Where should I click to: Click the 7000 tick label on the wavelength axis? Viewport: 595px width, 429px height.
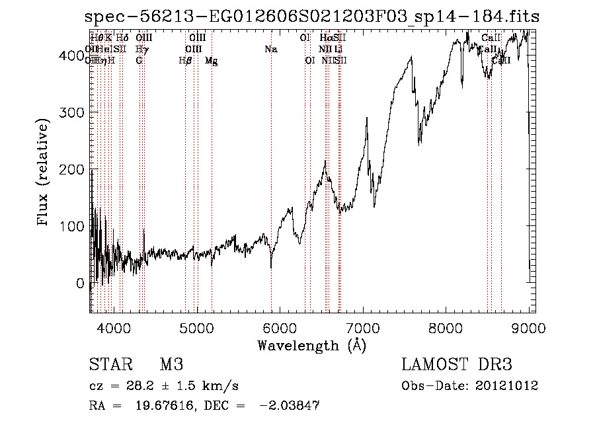(363, 327)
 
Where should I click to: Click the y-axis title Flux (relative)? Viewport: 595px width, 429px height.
(44, 173)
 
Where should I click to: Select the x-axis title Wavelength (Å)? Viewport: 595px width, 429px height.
(311, 345)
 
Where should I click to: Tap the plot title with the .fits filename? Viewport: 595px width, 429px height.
(312, 16)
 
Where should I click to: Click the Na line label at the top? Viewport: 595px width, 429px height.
(270, 49)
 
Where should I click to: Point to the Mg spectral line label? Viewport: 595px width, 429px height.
(212, 60)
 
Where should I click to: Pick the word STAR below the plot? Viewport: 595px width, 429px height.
(110, 364)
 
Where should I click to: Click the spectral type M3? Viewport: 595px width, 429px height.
(171, 364)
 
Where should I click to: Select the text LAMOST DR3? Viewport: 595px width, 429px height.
(457, 364)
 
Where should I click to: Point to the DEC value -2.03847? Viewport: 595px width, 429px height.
(290, 407)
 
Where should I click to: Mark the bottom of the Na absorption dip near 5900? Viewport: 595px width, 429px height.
(271, 268)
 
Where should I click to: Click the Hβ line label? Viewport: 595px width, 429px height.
(186, 60)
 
